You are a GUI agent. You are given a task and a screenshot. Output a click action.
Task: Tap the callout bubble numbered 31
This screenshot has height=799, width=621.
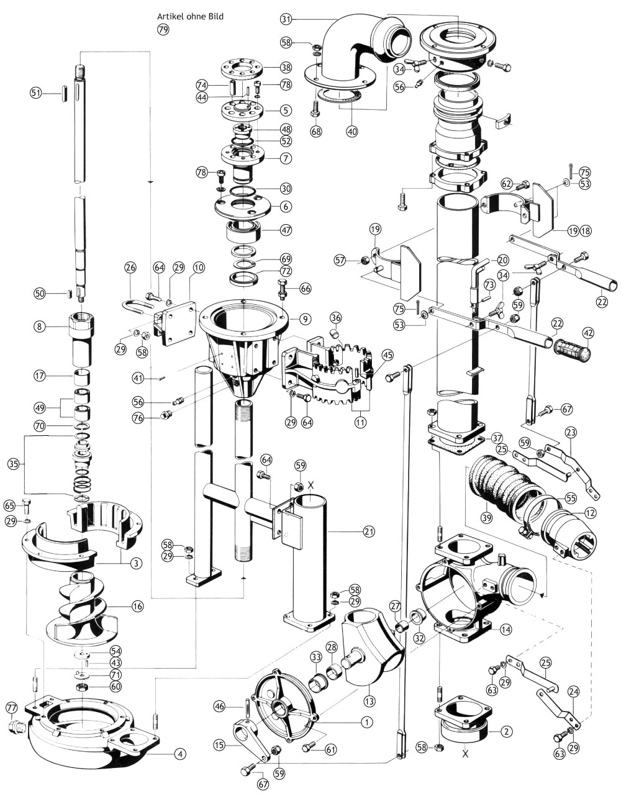[286, 19]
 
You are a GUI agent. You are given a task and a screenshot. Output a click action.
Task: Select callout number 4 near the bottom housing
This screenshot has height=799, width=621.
[179, 754]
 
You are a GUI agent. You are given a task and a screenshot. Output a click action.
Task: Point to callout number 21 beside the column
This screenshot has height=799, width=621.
[369, 531]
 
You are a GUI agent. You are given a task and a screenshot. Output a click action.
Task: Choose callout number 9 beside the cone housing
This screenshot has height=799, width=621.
[304, 319]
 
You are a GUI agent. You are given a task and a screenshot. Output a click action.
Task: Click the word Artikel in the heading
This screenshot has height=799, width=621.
[171, 17]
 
